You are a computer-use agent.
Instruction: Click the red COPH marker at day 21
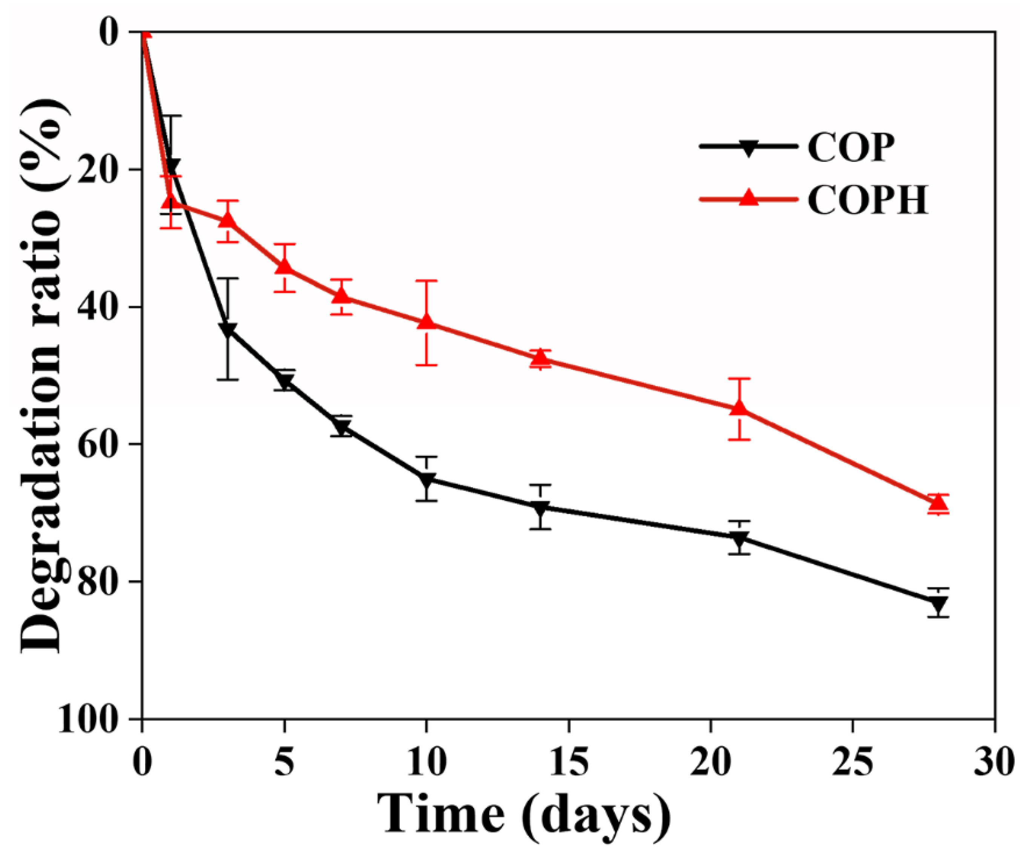coord(740,408)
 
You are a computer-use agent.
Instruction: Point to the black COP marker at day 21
coord(740,538)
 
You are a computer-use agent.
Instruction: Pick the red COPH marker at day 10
coord(427,321)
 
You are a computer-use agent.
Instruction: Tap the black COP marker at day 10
coord(427,480)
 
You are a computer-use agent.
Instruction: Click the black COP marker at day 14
coord(540,507)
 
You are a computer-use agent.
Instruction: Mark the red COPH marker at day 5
coord(285,266)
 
